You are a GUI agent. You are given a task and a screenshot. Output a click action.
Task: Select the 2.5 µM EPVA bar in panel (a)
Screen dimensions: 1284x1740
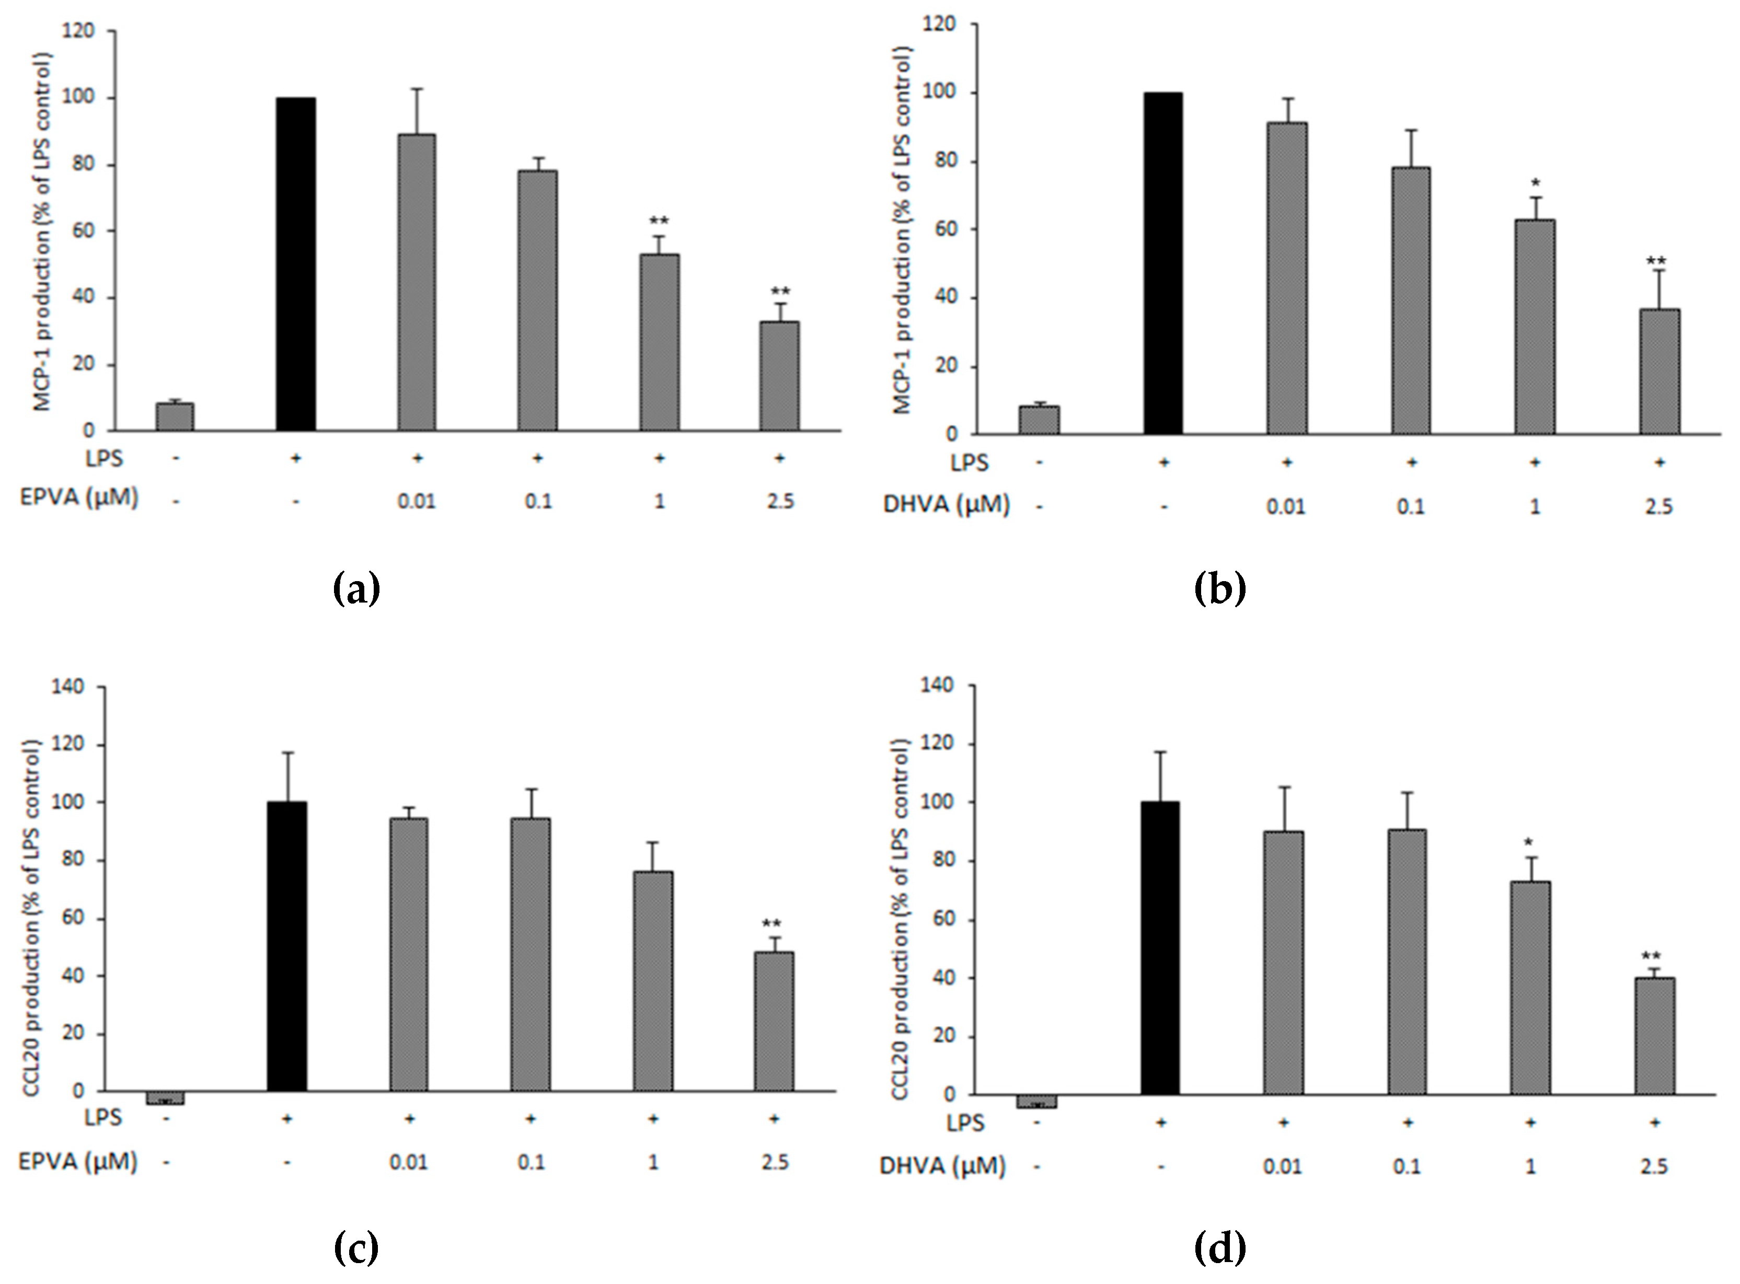pyautogui.click(x=778, y=376)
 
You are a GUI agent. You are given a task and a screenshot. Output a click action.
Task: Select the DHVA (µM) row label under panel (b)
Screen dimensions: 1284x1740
pyautogui.click(x=946, y=505)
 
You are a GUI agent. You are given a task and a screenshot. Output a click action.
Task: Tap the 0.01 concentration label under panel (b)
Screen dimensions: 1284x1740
pyautogui.click(x=1286, y=507)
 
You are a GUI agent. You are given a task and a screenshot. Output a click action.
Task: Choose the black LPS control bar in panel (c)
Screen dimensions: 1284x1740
pyautogui.click(x=287, y=946)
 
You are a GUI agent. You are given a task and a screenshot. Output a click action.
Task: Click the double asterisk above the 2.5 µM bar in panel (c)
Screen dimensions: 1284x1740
pyautogui.click(x=771, y=924)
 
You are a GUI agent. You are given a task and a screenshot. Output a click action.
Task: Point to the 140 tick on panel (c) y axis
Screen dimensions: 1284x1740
pyautogui.click(x=68, y=687)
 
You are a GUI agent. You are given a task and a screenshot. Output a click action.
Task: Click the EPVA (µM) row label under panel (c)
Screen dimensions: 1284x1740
pyautogui.click(x=78, y=1162)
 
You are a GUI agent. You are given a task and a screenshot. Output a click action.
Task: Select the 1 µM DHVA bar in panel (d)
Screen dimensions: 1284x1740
pyautogui.click(x=1530, y=987)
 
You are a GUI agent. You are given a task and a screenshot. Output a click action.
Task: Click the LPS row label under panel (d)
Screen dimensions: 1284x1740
pyautogui.click(x=965, y=1123)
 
